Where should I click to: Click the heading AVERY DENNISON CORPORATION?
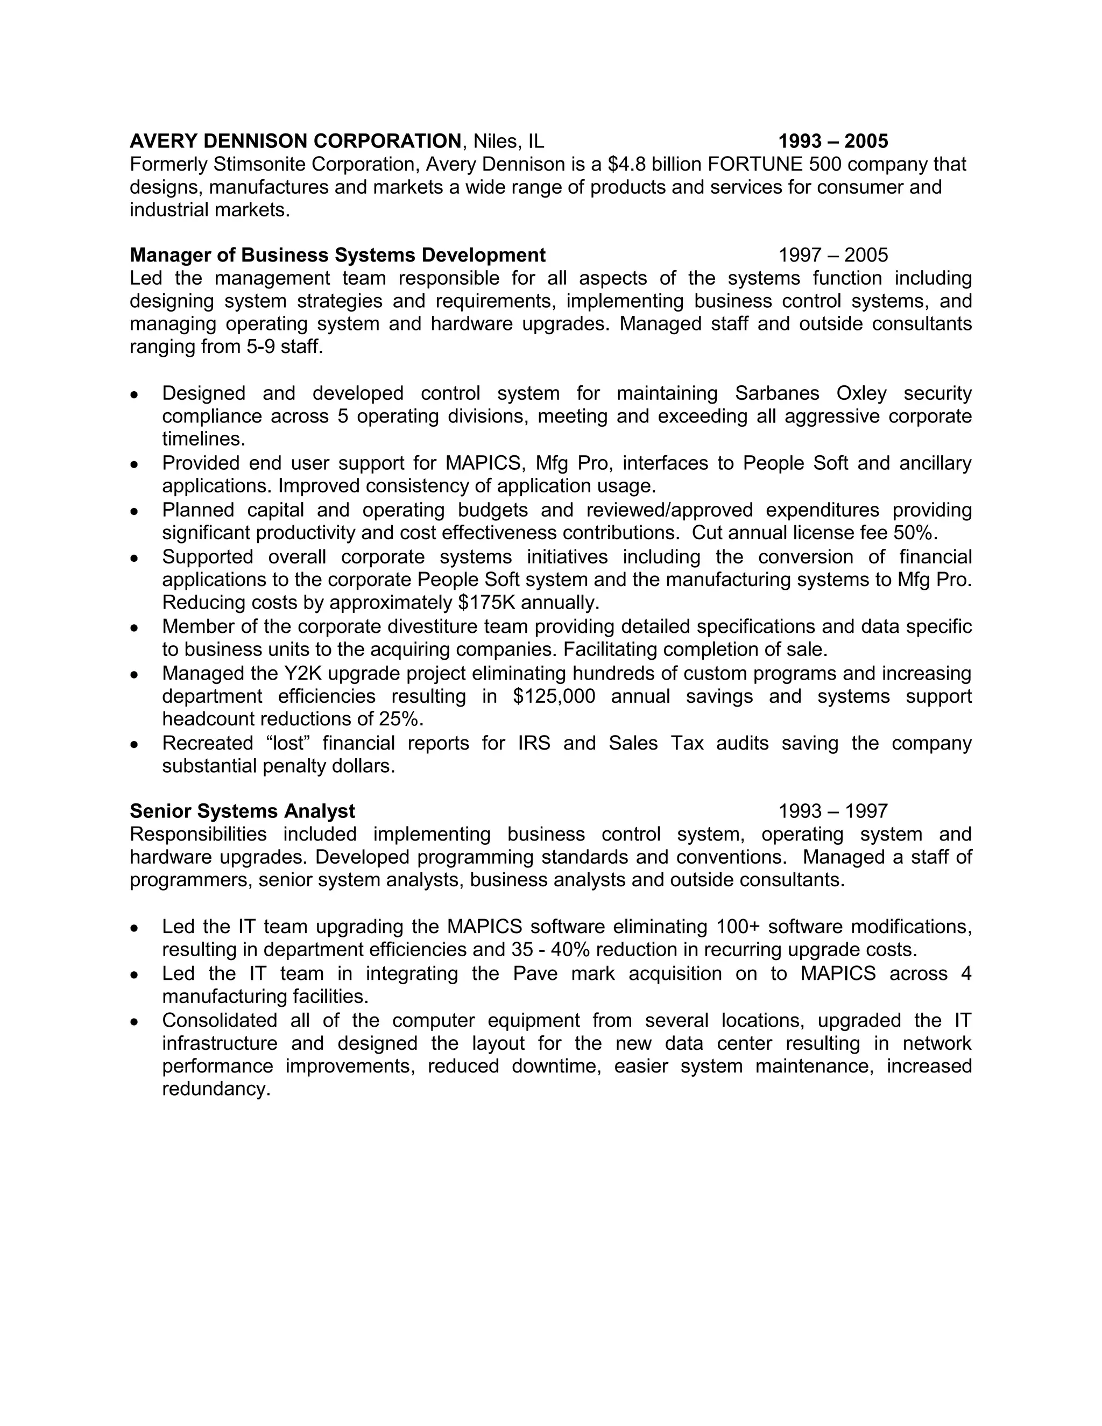295,141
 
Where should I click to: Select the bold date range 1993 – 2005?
833,141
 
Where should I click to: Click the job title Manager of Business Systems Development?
337,255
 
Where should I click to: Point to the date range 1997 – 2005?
833,255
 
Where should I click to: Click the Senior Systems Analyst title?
242,811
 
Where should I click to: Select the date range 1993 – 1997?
833,811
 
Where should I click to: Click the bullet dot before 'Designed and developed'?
135,395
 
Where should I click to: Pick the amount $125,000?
554,696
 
